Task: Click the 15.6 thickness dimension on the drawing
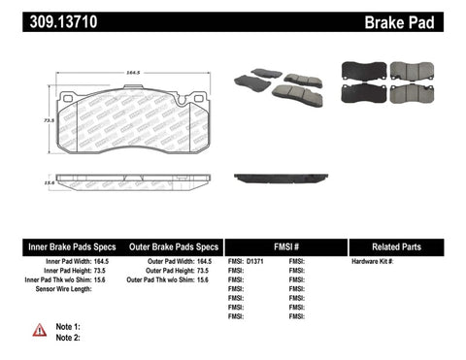point(39,181)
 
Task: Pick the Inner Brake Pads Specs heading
point(57,247)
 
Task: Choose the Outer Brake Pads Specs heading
point(169,247)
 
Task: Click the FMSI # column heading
point(285,247)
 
